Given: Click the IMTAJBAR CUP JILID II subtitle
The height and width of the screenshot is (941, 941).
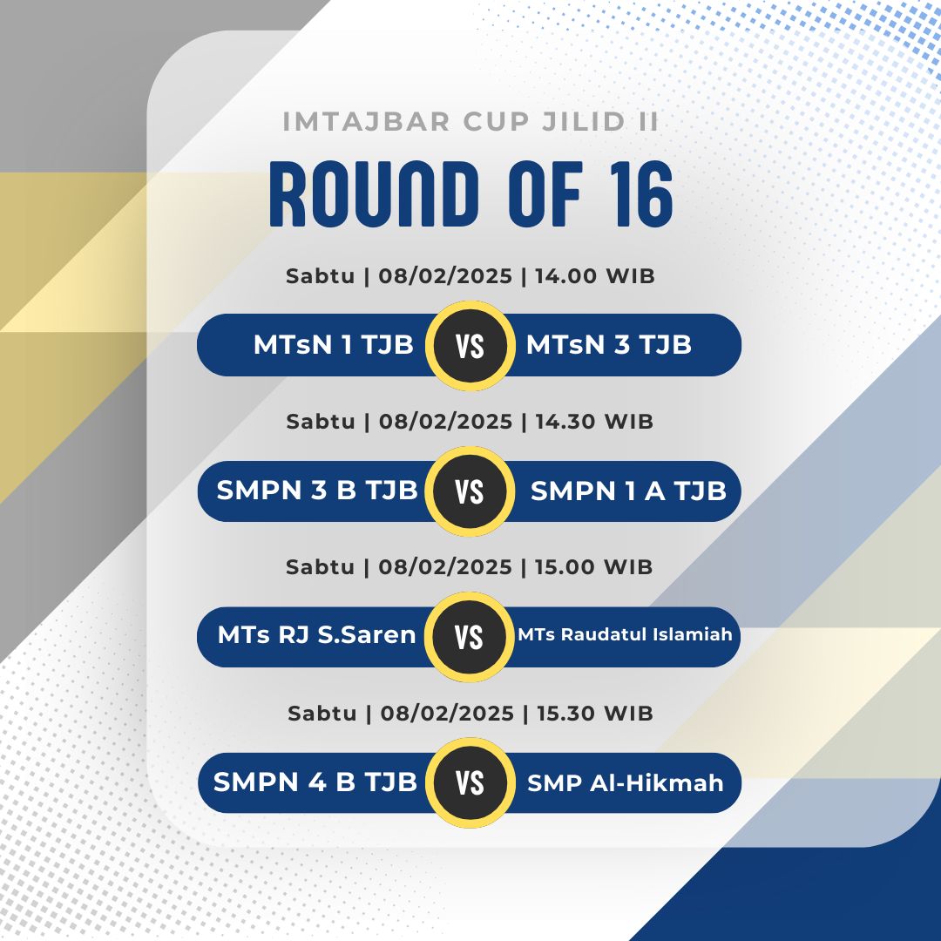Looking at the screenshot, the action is tap(470, 122).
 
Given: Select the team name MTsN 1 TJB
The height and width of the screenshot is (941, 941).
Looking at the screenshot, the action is tap(334, 345).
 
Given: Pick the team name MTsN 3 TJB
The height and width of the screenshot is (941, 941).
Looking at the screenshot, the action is tap(608, 345).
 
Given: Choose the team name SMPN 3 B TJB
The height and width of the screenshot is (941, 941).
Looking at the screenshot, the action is tap(317, 491).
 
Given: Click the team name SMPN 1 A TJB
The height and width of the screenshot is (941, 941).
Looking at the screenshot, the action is tap(628, 491).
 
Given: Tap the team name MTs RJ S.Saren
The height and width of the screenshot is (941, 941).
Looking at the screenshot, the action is tap(317, 635).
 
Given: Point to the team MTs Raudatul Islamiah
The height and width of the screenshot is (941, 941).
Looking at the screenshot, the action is tap(625, 634).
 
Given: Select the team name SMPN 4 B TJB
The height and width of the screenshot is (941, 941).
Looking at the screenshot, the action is tap(315, 782).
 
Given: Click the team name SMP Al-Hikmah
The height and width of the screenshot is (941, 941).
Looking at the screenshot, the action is tap(626, 782).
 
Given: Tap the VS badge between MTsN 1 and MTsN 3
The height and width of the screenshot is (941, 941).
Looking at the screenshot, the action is tap(470, 346).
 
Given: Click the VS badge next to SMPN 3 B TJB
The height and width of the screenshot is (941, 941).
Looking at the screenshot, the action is tap(470, 491).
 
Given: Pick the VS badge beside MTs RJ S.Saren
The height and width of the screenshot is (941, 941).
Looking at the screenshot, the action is tap(470, 637).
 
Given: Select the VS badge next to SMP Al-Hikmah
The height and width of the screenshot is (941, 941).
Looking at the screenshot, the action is tap(470, 782).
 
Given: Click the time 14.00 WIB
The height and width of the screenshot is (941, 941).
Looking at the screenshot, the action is tap(595, 276).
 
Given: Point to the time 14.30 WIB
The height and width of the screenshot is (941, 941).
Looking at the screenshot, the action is tap(594, 422).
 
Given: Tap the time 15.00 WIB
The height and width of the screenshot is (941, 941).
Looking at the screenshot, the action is tap(593, 566).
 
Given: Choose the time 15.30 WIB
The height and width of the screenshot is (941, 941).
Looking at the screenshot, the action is tap(595, 713).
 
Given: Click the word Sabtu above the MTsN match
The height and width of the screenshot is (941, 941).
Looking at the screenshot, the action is tap(320, 276).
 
